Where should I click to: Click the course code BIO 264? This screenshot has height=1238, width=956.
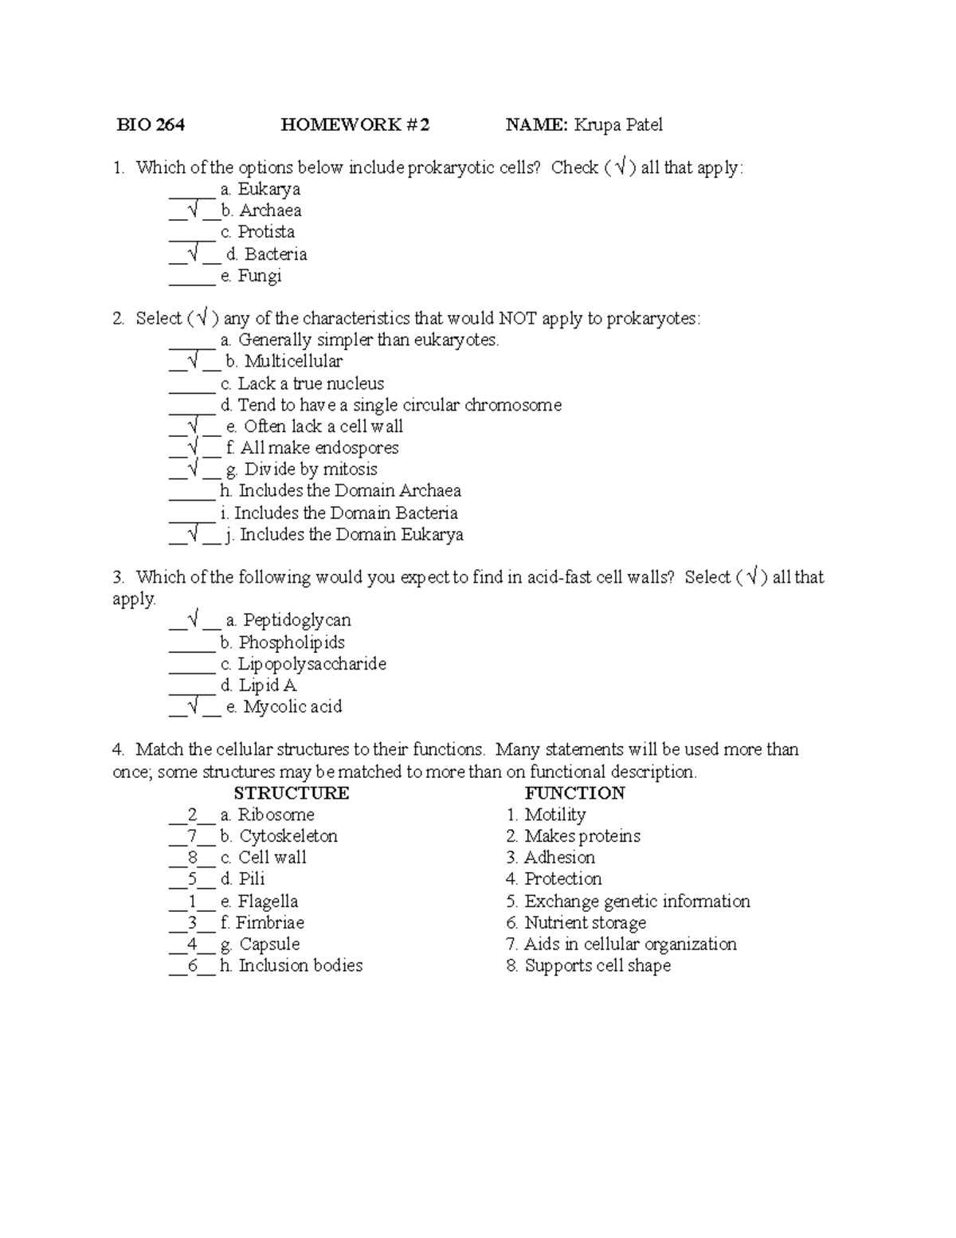click(151, 124)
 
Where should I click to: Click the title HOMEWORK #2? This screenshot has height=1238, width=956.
click(355, 124)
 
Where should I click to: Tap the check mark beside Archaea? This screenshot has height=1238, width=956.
click(192, 210)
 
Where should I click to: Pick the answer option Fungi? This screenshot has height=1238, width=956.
click(260, 276)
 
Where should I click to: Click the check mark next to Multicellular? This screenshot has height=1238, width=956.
click(192, 361)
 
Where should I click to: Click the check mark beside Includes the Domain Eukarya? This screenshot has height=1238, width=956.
click(192, 535)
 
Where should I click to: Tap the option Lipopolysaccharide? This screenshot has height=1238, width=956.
click(312, 664)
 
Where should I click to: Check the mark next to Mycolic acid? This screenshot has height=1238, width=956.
click(192, 706)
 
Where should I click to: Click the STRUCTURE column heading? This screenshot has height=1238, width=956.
click(291, 793)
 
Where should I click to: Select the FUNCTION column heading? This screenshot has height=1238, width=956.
click(574, 793)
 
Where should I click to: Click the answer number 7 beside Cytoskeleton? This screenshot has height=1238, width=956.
click(192, 836)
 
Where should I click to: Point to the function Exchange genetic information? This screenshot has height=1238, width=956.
click(637, 902)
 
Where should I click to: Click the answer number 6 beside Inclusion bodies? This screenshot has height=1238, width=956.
click(192, 965)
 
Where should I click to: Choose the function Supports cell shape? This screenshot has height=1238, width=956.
click(597, 965)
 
